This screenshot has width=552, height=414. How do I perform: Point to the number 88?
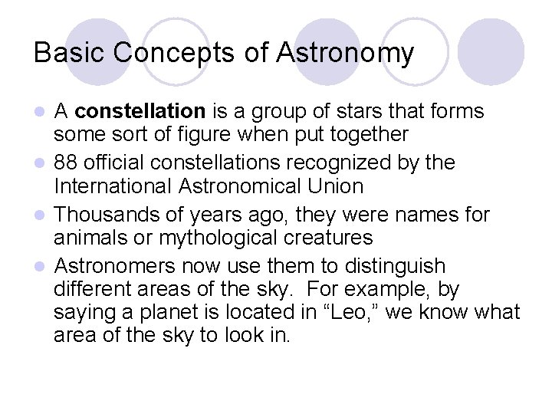tap(67, 163)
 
